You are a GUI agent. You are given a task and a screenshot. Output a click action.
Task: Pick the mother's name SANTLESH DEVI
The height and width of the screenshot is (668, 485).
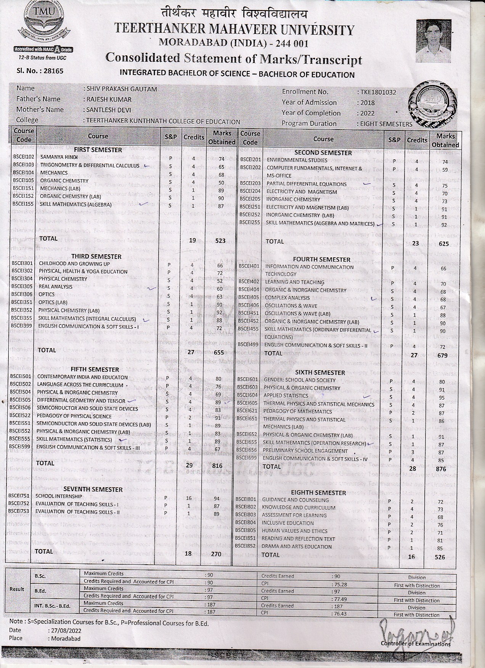[x=109, y=110]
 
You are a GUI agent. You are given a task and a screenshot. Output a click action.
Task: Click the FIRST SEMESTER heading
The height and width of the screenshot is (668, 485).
[x=98, y=150]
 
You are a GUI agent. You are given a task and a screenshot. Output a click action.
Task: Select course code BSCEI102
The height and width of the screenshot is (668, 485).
[x=24, y=157]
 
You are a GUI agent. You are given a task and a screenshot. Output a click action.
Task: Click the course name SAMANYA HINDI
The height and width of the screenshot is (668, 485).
[x=59, y=157]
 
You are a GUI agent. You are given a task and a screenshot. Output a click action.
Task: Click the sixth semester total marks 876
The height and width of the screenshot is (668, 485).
[x=440, y=469]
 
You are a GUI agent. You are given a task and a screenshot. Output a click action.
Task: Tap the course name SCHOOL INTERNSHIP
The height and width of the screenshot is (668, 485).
[x=59, y=496]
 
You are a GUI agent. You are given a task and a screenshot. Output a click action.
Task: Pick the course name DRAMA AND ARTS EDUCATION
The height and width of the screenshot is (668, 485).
[x=297, y=547]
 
